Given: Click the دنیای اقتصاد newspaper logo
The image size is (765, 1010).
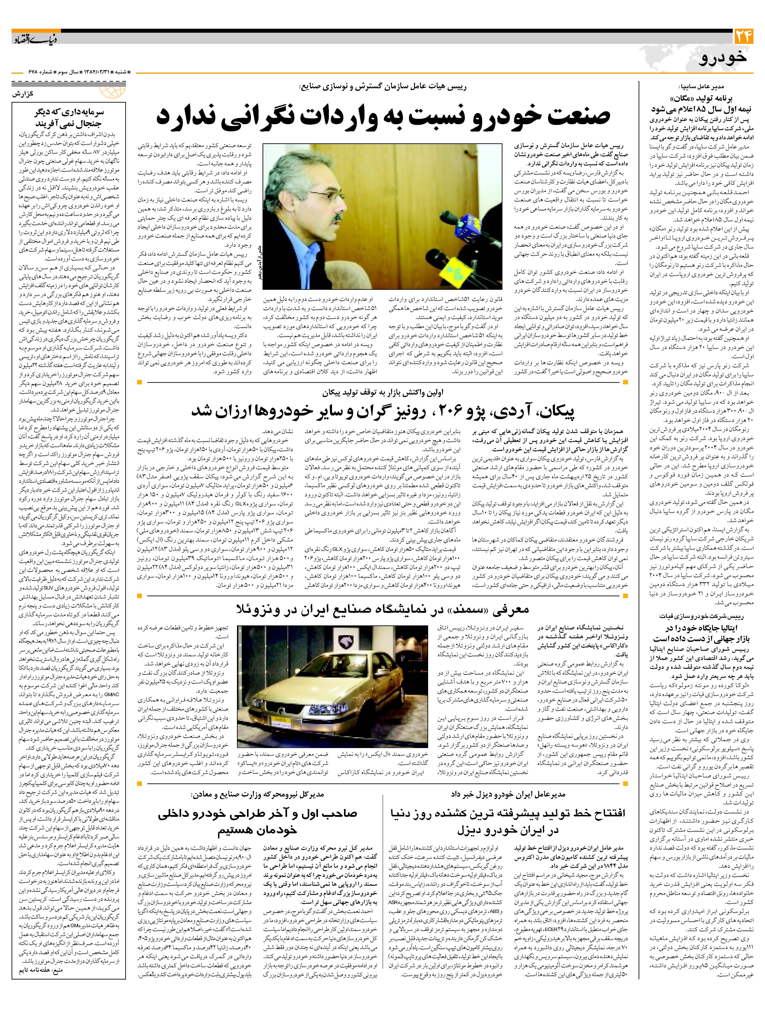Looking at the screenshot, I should (x=30, y=39).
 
